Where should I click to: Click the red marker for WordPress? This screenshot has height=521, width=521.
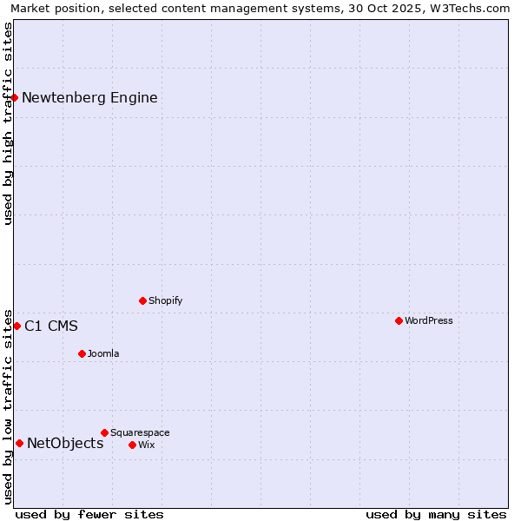click(x=399, y=320)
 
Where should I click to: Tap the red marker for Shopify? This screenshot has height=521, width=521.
click(x=142, y=300)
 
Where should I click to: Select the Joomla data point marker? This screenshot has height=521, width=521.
click(x=82, y=353)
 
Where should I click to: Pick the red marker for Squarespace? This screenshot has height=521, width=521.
click(x=104, y=432)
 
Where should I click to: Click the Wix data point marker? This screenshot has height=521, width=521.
click(x=132, y=445)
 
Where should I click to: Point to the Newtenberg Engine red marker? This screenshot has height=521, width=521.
click(x=15, y=97)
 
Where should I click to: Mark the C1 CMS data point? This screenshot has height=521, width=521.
click(x=16, y=326)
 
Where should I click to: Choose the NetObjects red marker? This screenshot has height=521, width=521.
click(x=19, y=443)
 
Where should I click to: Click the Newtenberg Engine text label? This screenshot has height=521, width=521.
click(x=89, y=97)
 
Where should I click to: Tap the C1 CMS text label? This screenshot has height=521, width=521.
click(x=50, y=326)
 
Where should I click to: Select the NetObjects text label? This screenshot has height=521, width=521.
click(x=65, y=444)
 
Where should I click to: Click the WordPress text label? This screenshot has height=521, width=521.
click(x=428, y=320)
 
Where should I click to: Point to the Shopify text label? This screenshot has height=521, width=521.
click(x=165, y=300)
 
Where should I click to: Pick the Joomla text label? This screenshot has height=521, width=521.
click(x=103, y=353)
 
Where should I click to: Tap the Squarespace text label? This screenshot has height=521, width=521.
click(x=140, y=432)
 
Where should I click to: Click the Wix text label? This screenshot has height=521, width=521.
click(x=146, y=445)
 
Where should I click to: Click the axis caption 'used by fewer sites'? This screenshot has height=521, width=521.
click(x=89, y=514)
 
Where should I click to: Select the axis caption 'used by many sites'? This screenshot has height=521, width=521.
click(x=436, y=514)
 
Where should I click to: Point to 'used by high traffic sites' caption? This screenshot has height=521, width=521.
click(x=8, y=123)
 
